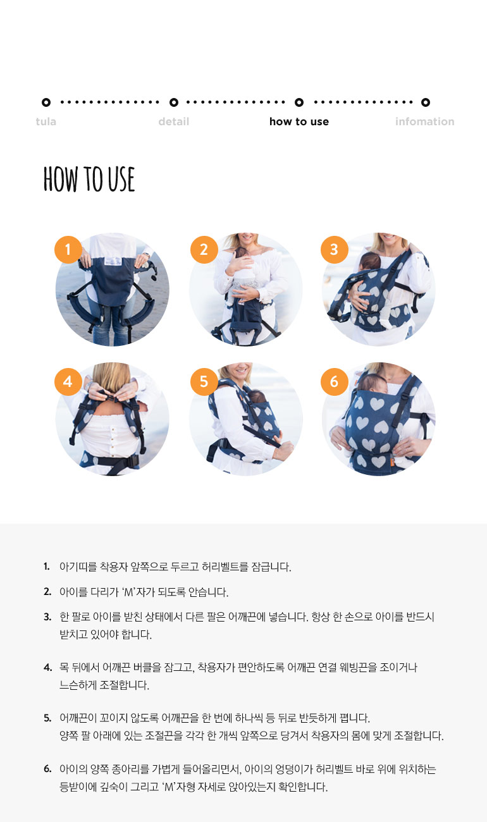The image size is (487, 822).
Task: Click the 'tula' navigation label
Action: point(46,121)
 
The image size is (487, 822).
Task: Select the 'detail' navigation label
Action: point(173,121)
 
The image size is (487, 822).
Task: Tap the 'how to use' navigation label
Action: point(299,121)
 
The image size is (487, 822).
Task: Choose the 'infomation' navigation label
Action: point(424,121)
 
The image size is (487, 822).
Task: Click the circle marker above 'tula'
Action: point(46,102)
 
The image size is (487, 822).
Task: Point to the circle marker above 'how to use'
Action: point(299,102)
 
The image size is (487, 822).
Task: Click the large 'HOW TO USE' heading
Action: point(89,179)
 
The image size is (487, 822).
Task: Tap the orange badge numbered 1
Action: point(68,250)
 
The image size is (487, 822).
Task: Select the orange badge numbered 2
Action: point(204,250)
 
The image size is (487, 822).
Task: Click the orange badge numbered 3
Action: point(335,250)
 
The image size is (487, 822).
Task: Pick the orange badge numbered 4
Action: point(68,382)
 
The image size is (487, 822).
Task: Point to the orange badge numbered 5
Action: point(204,382)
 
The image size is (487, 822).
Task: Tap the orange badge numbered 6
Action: point(335,382)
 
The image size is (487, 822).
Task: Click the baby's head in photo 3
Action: point(369,261)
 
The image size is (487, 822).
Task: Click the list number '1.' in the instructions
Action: point(47,567)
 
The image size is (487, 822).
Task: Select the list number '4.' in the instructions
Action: point(47,667)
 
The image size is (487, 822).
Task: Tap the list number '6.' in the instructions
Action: point(47,769)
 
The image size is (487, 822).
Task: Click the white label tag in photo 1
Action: point(113,261)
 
